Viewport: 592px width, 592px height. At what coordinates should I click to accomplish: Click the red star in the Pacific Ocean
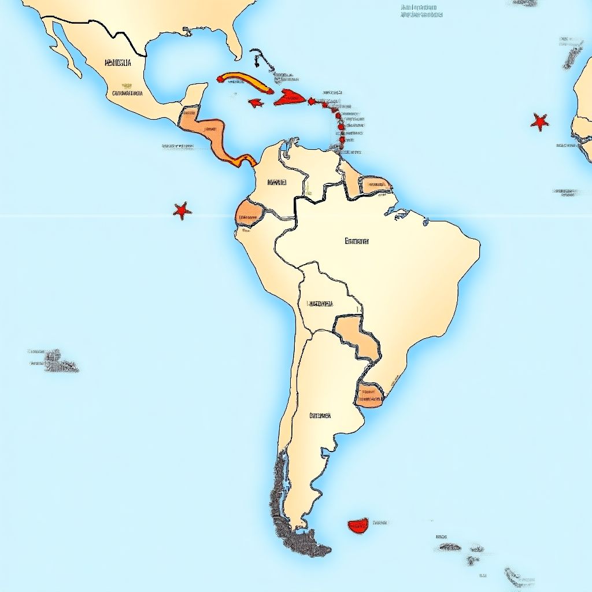[182, 210]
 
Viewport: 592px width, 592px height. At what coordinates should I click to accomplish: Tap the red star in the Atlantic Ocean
[539, 122]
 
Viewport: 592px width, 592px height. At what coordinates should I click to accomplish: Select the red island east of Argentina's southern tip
[358, 525]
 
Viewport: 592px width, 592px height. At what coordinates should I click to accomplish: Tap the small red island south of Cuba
[254, 103]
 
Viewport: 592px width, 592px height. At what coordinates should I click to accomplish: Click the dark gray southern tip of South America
[306, 543]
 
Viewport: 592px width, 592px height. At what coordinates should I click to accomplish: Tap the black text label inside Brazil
[356, 241]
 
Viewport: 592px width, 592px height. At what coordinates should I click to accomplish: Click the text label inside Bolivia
[320, 303]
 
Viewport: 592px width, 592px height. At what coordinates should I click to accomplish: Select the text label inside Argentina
[320, 415]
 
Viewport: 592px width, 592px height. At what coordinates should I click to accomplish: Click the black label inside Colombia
[277, 182]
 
